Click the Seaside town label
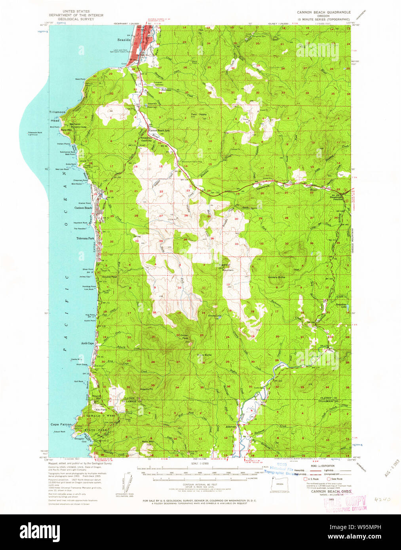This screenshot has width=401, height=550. pos(124,40)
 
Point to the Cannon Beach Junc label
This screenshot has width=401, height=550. pos(159,131)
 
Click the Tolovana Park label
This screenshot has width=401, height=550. pos(85,239)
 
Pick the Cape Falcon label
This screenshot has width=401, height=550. pos(61,424)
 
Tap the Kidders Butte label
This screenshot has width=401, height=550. pos(276,277)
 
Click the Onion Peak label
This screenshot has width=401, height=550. pos(184,337)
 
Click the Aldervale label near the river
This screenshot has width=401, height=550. pos(230,427)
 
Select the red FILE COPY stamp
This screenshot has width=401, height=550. pos(345,503)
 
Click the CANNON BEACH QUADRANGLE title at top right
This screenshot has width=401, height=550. pos(324,12)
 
